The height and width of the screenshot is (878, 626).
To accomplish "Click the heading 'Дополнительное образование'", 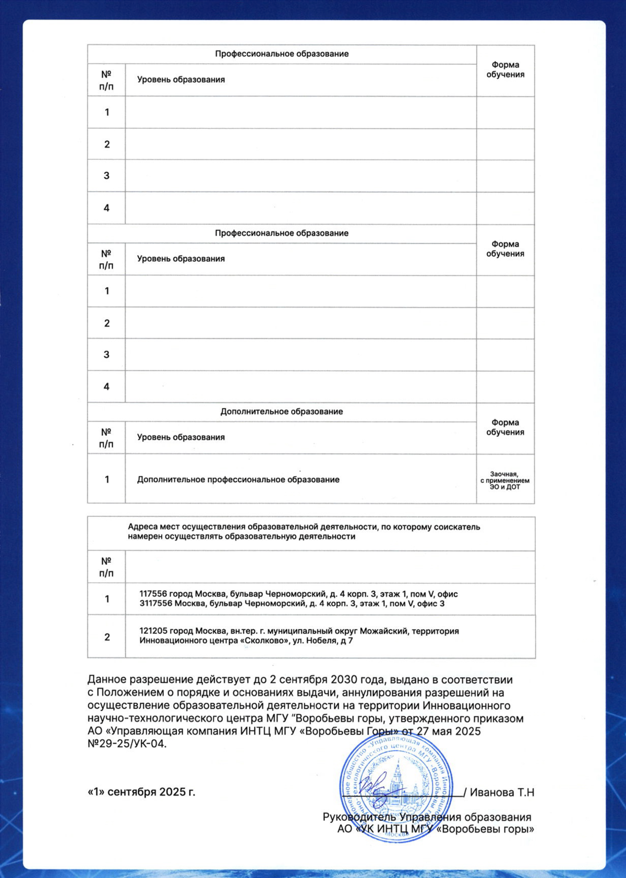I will tap(282, 412).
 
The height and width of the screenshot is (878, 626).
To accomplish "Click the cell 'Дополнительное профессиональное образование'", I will tap(238, 479).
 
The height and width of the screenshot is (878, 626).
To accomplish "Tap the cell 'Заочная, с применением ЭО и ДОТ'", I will tap(505, 480).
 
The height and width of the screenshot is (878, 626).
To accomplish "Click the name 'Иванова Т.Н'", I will tap(502, 792).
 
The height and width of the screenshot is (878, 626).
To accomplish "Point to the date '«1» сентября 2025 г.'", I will tap(141, 792).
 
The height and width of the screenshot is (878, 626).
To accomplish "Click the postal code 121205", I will tap(153, 631).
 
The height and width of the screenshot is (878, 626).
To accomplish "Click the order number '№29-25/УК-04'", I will tap(126, 744).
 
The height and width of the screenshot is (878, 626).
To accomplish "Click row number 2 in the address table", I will tap(107, 637).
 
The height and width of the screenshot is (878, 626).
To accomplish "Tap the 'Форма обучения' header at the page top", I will tap(505, 69).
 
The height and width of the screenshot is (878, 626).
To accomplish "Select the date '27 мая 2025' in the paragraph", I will tap(449, 731).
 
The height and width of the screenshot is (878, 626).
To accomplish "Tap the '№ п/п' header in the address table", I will tap(106, 567).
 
